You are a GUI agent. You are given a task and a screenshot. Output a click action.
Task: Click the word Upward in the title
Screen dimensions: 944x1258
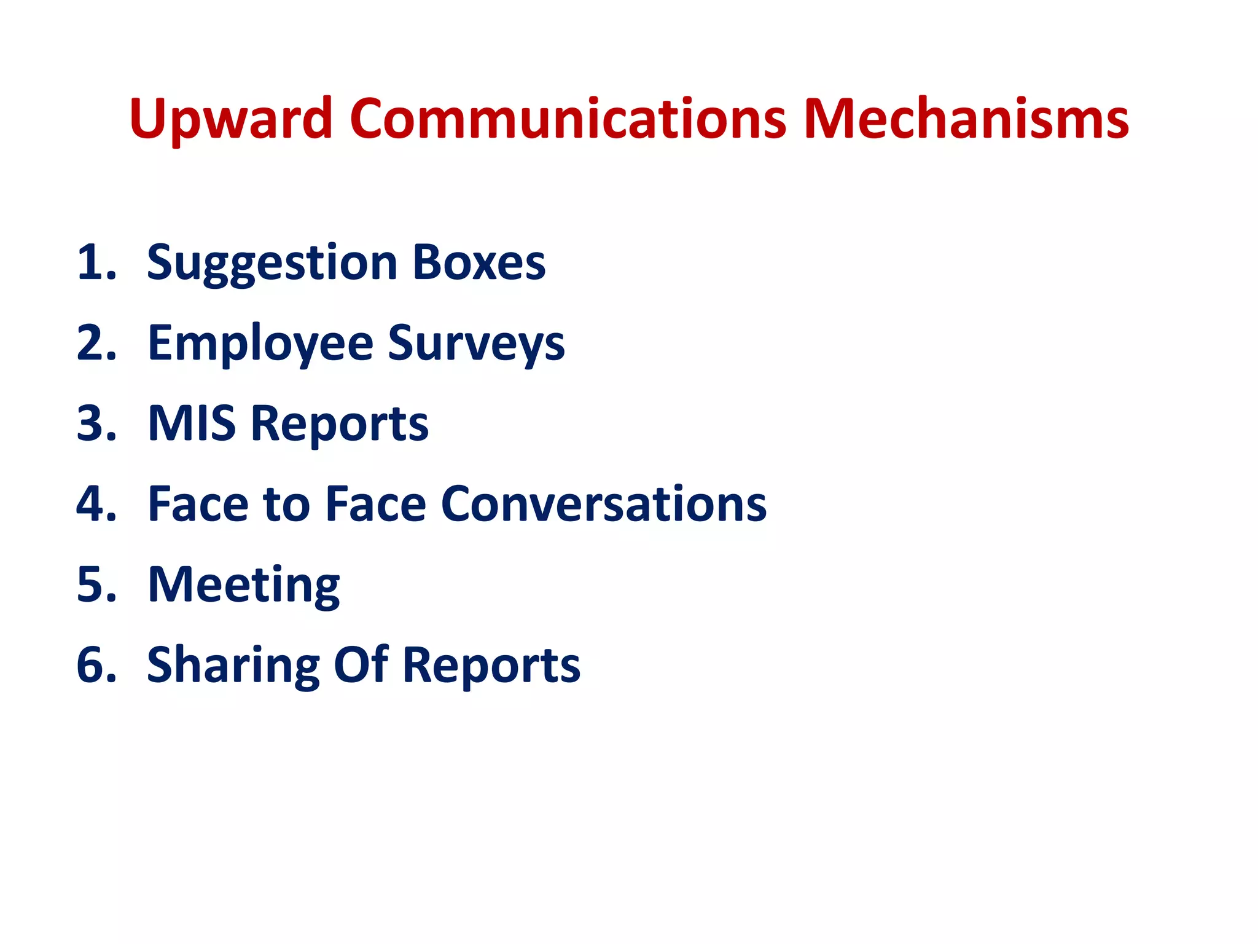(x=231, y=119)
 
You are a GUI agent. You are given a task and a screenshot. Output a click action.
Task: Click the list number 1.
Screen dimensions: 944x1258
(x=96, y=263)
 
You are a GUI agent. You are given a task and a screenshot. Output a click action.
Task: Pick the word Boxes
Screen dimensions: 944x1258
(x=479, y=263)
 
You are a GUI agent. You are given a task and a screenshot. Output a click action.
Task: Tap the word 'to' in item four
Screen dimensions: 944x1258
(x=286, y=505)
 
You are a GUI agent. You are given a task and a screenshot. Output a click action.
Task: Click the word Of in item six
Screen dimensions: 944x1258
(x=361, y=666)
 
